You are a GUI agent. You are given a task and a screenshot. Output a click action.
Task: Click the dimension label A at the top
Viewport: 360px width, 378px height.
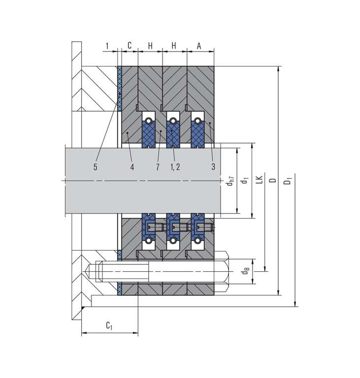click(x=199, y=46)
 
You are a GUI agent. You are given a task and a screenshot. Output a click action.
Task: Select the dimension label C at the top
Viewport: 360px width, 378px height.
click(x=130, y=45)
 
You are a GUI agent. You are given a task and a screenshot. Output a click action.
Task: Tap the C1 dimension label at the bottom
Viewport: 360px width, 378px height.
click(x=109, y=325)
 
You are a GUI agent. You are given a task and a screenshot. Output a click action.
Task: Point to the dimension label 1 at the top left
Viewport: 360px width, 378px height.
click(x=107, y=46)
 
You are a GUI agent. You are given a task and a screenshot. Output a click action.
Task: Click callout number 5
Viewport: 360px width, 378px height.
click(x=96, y=167)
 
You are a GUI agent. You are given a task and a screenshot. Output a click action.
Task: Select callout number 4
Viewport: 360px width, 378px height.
click(x=132, y=167)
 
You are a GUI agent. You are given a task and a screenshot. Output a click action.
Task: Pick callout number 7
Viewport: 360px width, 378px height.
click(x=158, y=167)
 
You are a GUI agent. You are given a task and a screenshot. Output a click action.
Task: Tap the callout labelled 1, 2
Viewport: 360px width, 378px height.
click(x=175, y=167)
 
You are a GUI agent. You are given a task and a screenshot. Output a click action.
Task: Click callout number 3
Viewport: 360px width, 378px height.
click(x=213, y=167)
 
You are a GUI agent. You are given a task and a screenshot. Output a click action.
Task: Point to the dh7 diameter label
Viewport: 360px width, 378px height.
click(x=230, y=181)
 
